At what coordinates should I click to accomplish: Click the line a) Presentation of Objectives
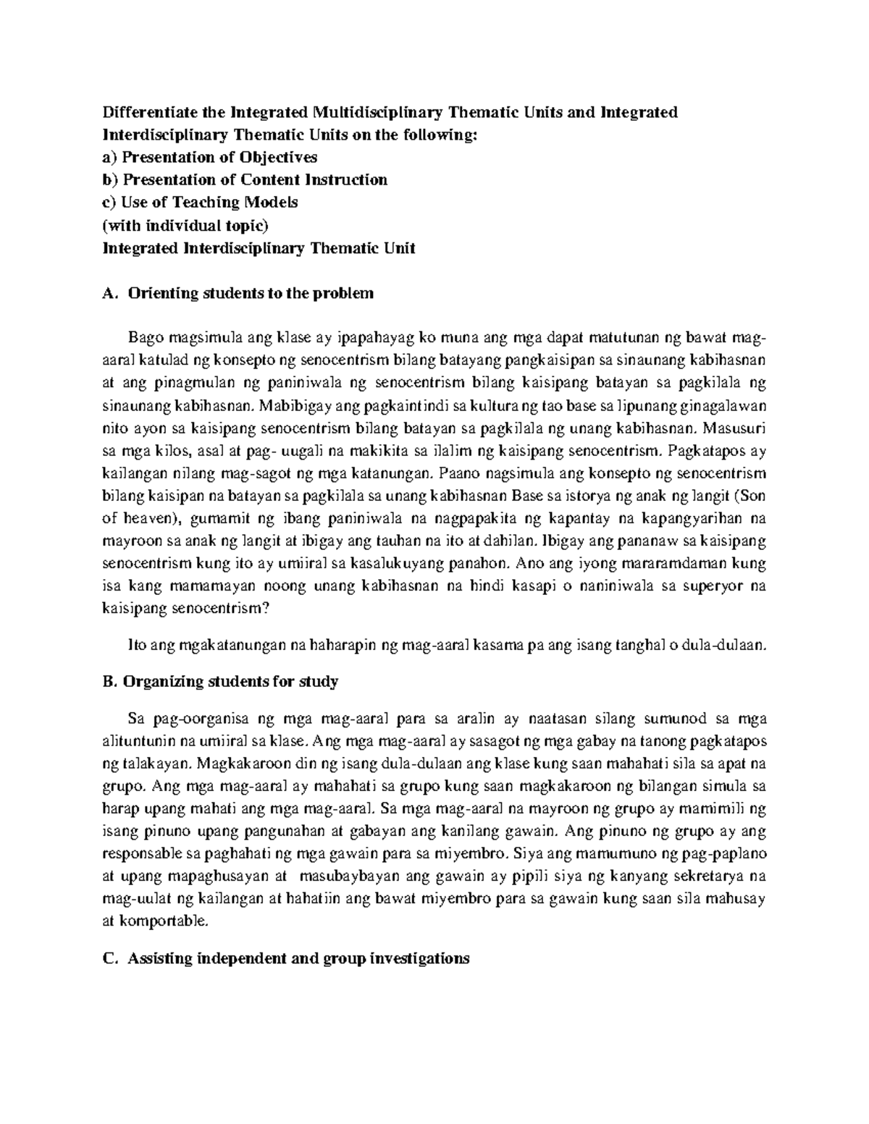[x=210, y=157]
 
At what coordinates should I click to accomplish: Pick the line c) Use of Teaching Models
[x=201, y=202]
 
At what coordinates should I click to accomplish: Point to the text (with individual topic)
[x=180, y=225]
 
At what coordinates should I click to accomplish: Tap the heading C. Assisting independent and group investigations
[x=287, y=958]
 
